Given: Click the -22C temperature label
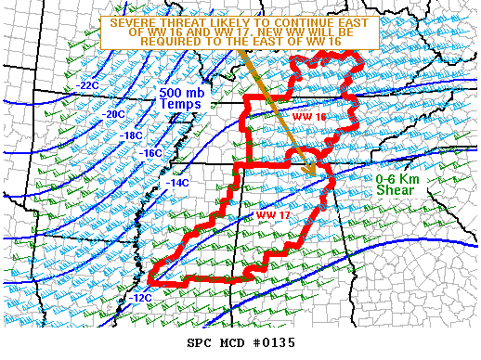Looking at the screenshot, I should pyautogui.click(x=88, y=85).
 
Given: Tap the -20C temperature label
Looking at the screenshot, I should pyautogui.click(x=114, y=114).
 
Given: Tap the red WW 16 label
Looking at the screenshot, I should pyautogui.click(x=309, y=117).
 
